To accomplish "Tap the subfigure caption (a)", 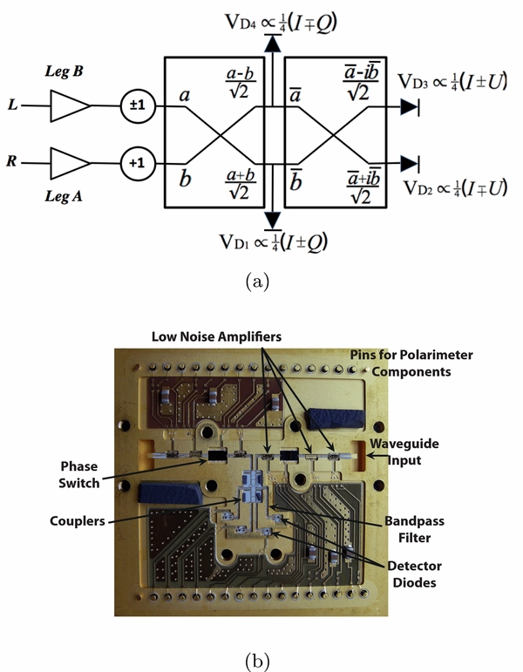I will tap(261, 282).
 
